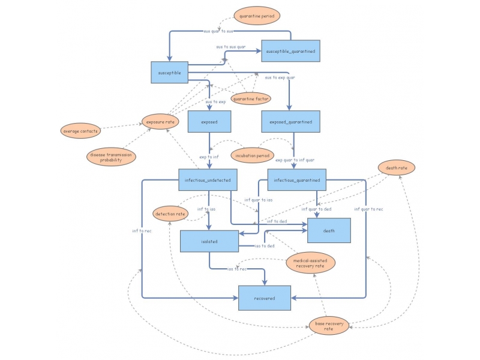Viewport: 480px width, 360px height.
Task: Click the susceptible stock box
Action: coord(169,73)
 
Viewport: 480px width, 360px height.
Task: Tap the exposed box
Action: coord(209,122)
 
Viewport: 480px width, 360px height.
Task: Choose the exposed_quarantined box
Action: coord(290,122)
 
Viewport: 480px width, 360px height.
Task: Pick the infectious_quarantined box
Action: coord(296,180)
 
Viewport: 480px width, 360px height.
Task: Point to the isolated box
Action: coord(209,241)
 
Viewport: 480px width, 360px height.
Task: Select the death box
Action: coord(329,230)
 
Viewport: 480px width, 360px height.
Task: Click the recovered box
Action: coord(265,298)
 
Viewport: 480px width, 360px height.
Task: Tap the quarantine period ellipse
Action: coord(257,16)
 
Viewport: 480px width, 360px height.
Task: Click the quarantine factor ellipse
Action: coord(251,98)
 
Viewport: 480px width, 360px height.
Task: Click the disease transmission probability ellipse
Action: coord(111,157)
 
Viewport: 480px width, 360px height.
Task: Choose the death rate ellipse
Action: coord(397,168)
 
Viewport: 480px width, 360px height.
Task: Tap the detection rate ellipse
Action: coord(170,213)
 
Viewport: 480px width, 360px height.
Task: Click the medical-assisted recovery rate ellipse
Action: coord(310,262)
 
